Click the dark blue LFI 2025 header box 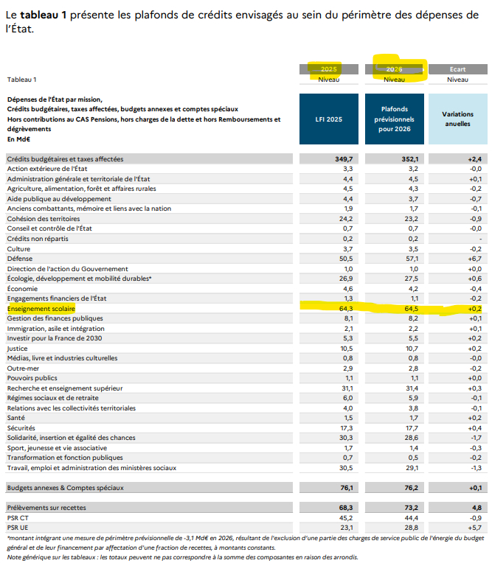pyautogui.click(x=329, y=119)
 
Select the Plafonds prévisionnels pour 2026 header pyautogui.click(x=395, y=119)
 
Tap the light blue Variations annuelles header pyautogui.click(x=457, y=119)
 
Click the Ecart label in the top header pyautogui.click(x=457, y=69)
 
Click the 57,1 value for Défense pyautogui.click(x=412, y=259)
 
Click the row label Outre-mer pyautogui.click(x=23, y=367)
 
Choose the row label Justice pyautogui.click(x=18, y=348)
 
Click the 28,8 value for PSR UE pyautogui.click(x=412, y=528)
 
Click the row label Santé pyautogui.click(x=17, y=417)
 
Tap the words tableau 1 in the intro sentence pyautogui.click(x=46, y=14)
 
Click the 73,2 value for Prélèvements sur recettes pyautogui.click(x=412, y=508)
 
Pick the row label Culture pyautogui.click(x=19, y=249)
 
